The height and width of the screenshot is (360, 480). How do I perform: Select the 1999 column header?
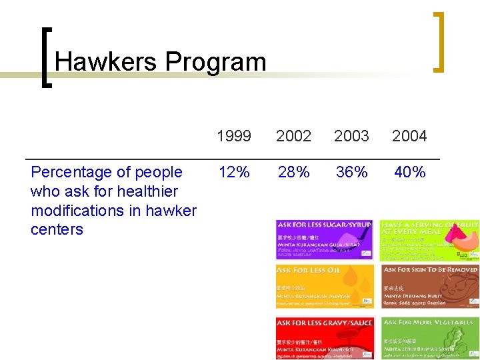pyautogui.click(x=234, y=136)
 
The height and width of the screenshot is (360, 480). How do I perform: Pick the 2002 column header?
pyautogui.click(x=293, y=136)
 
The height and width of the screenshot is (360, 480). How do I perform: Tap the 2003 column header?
pyautogui.click(x=351, y=136)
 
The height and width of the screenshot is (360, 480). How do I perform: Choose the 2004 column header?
pyautogui.click(x=409, y=136)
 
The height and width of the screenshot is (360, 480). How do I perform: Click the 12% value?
pyautogui.click(x=234, y=172)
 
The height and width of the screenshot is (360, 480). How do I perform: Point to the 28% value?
pyautogui.click(x=293, y=172)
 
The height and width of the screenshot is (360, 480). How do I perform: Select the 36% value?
pyautogui.click(x=351, y=172)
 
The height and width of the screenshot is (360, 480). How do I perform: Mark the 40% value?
pyautogui.click(x=409, y=172)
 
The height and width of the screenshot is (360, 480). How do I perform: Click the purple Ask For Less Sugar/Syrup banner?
pyautogui.click(x=325, y=240)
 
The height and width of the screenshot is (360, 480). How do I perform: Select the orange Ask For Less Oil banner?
pyautogui.click(x=325, y=286)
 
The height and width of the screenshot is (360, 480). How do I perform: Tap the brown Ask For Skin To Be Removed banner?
pyautogui.click(x=429, y=286)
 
